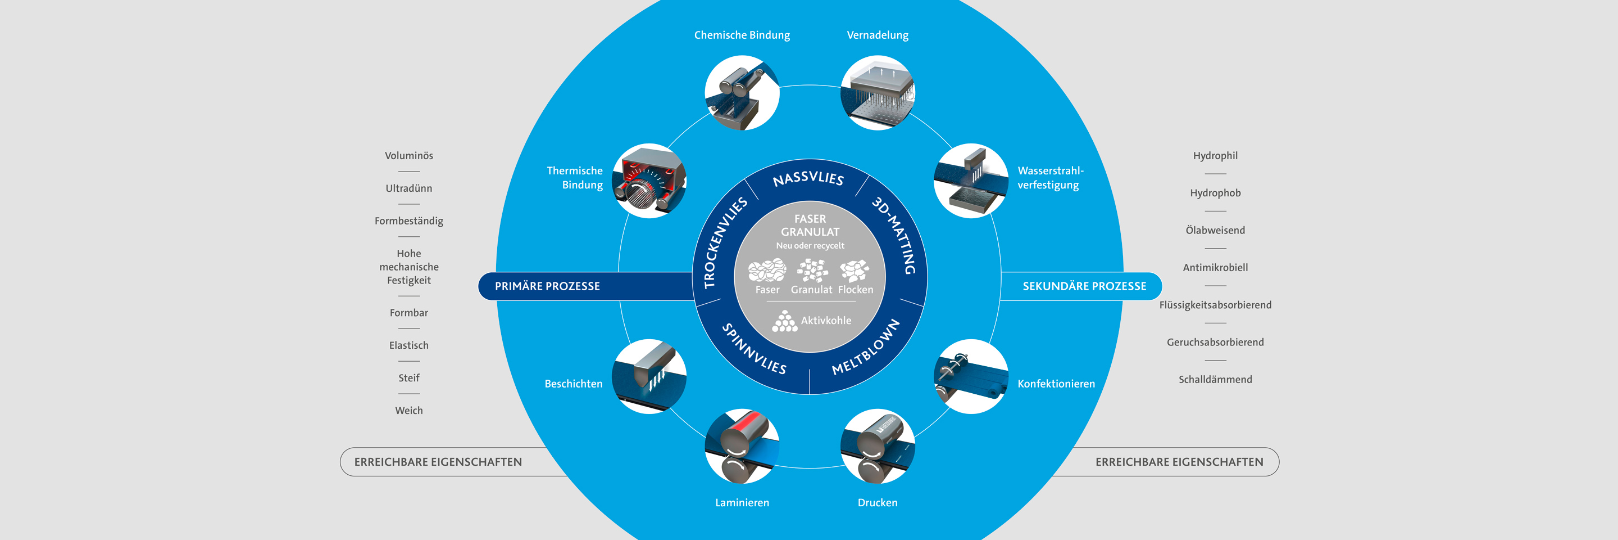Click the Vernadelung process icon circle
click(x=878, y=93)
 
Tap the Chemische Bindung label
click(x=742, y=35)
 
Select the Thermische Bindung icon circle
click(x=649, y=181)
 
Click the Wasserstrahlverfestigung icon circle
click(x=970, y=181)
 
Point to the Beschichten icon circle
click(x=649, y=376)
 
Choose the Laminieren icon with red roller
click(x=742, y=446)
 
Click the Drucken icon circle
click(x=878, y=446)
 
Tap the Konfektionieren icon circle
click(x=970, y=376)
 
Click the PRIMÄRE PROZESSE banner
click(x=547, y=286)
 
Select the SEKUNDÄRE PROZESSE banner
click(x=1084, y=286)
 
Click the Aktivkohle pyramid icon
click(x=784, y=321)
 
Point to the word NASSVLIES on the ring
click(x=808, y=178)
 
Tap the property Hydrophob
click(x=1215, y=193)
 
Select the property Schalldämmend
click(x=1215, y=380)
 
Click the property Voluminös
click(x=409, y=156)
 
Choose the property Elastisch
click(x=409, y=345)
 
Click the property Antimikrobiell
click(x=1215, y=268)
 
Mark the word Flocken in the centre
click(x=856, y=290)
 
